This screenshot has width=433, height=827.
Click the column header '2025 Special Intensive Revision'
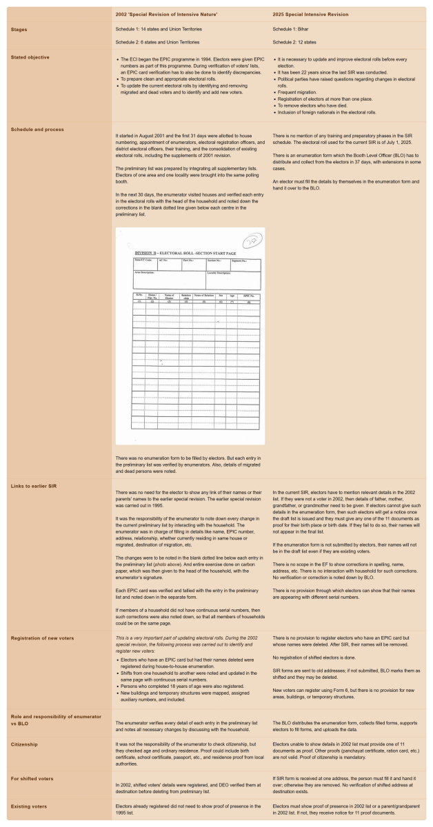(x=310, y=14)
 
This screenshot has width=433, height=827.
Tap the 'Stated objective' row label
(x=30, y=57)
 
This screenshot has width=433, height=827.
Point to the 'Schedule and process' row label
(x=35, y=129)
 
